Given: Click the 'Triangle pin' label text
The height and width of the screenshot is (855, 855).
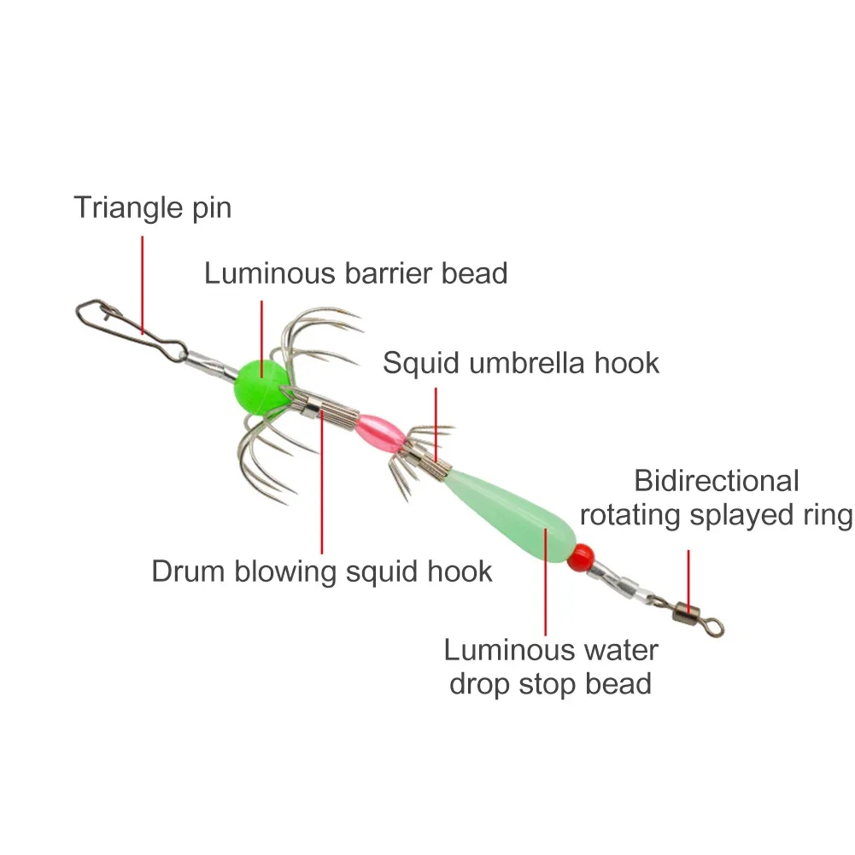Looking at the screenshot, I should pos(152,208).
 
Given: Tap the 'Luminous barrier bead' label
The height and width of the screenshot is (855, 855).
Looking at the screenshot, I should pos(355,273).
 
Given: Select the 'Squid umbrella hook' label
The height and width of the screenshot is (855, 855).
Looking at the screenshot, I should pos(521,362).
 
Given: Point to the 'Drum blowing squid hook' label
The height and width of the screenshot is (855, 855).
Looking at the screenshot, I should pos(322,571).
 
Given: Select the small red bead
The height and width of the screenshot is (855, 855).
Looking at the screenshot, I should pos(582,556).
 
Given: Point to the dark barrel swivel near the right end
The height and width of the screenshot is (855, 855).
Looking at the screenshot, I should pos(682,610).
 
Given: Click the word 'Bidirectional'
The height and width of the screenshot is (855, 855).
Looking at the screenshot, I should pos(716,481).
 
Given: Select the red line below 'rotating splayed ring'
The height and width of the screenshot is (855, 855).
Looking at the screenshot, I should pos(688,568).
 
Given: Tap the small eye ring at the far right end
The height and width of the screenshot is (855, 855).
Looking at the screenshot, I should pos(716,628).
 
